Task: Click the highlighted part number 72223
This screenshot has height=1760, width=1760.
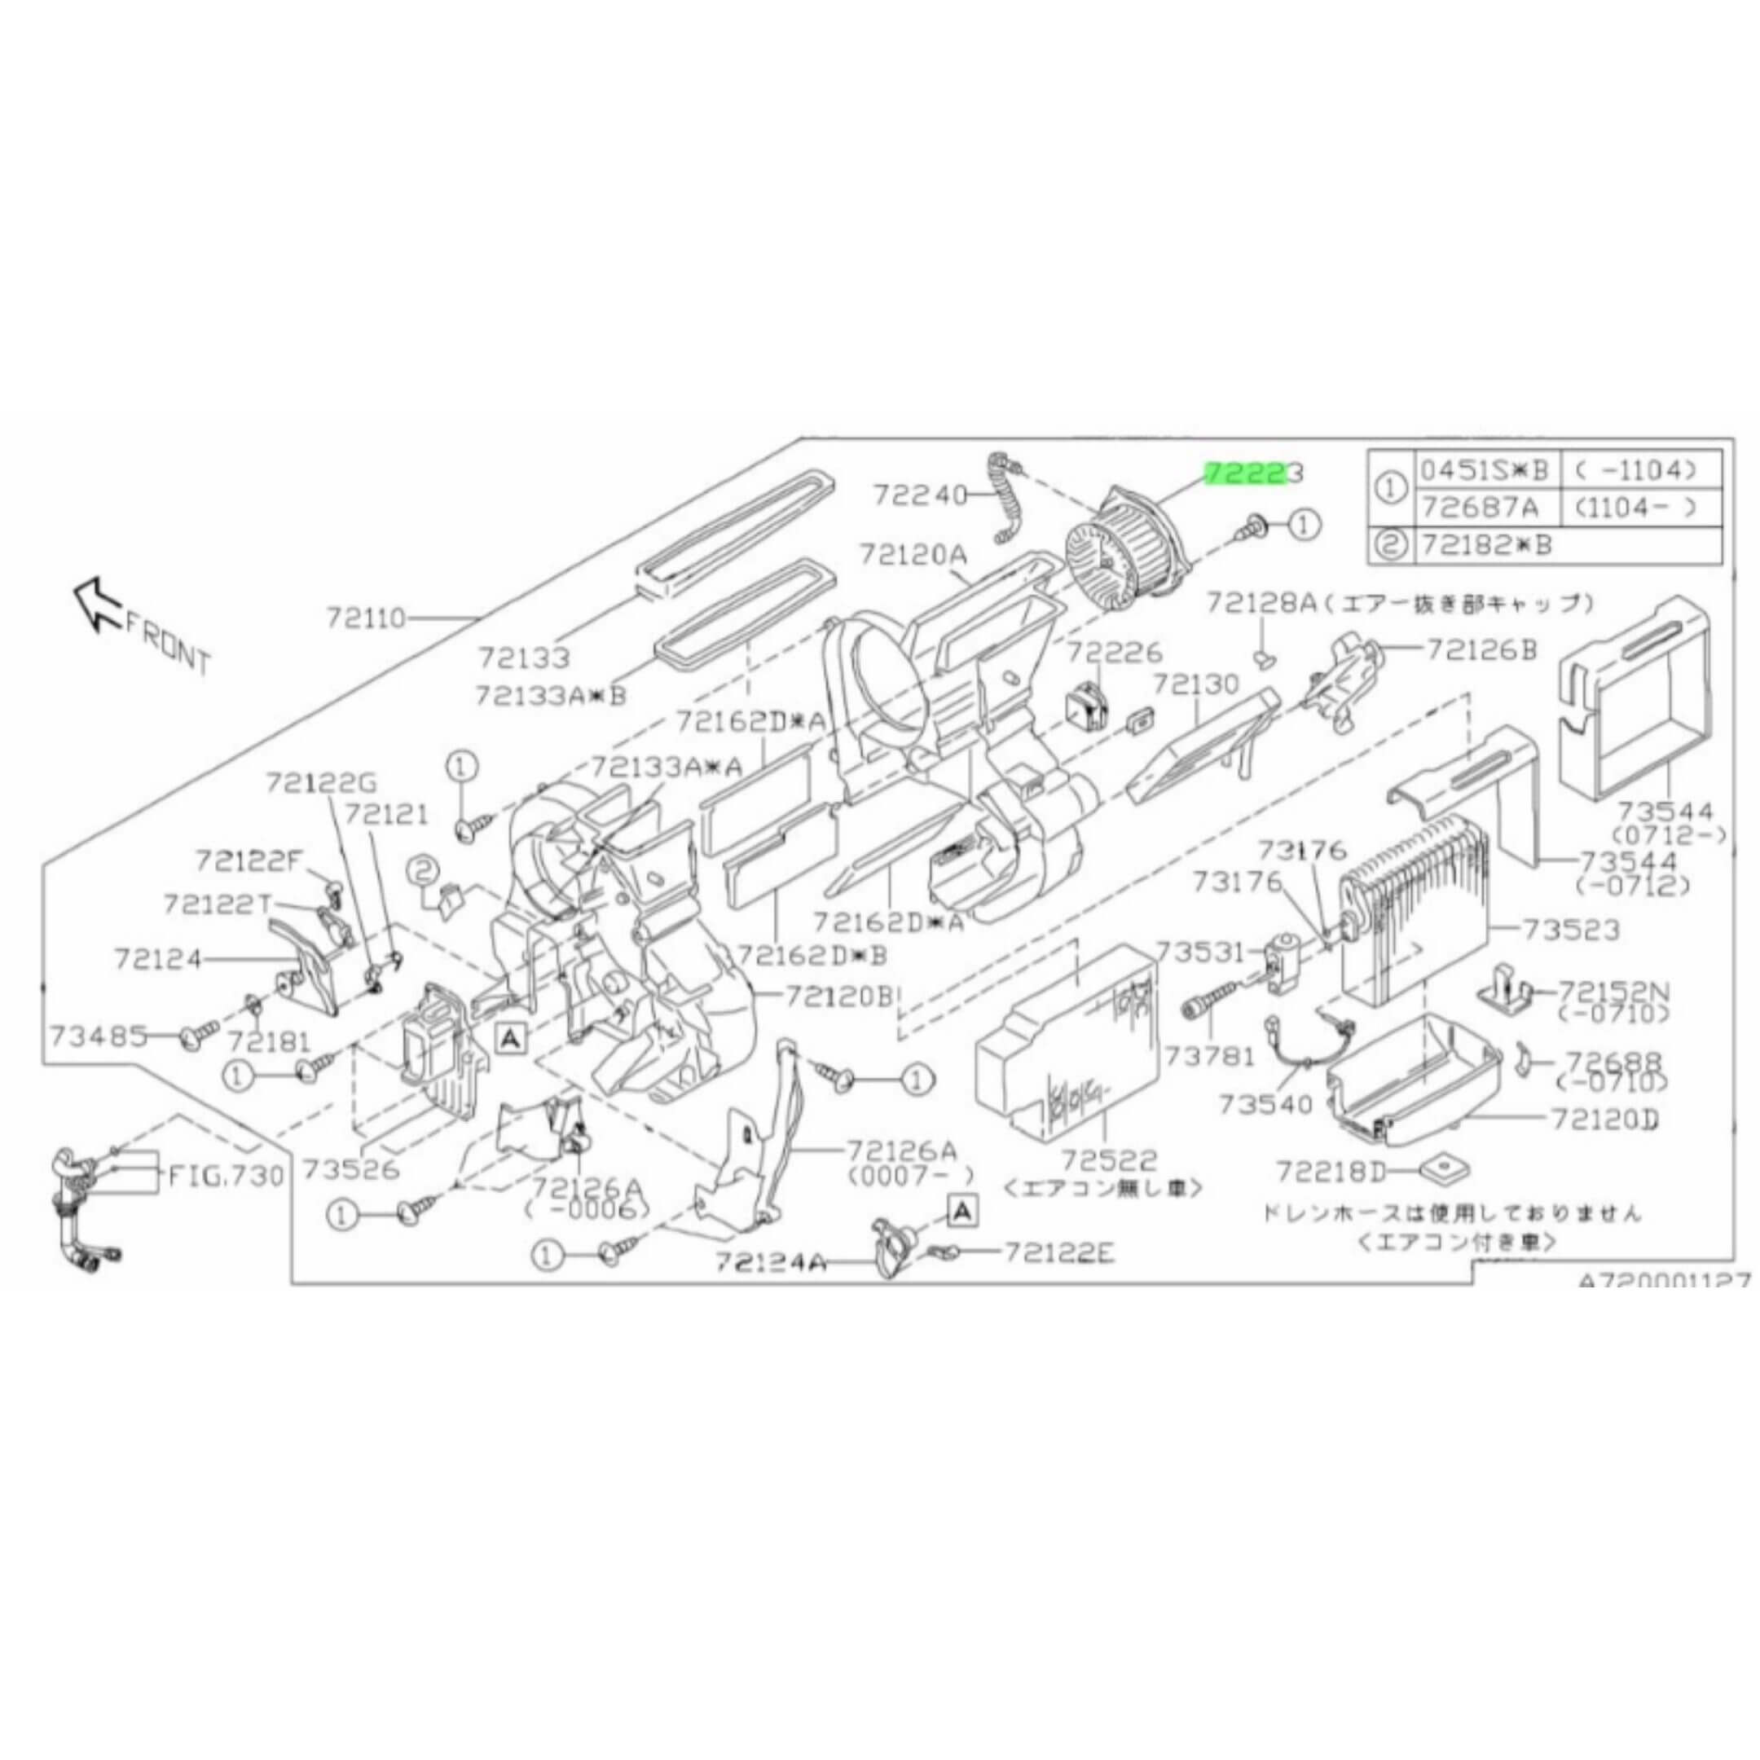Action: [1255, 473]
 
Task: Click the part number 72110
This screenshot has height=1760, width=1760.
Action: [365, 619]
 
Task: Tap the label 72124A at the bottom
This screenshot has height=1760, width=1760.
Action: [770, 1263]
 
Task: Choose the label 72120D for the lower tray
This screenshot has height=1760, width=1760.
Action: [1606, 1120]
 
